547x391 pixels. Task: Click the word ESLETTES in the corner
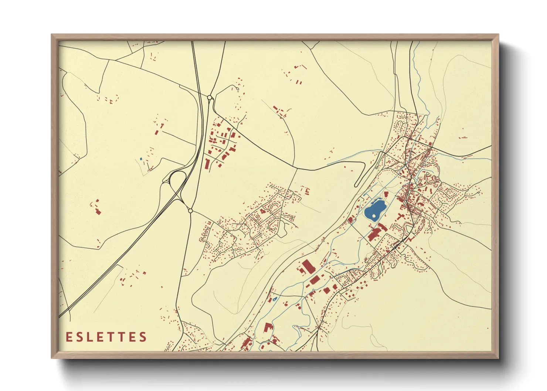coord(106,337)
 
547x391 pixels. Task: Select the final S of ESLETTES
coord(143,337)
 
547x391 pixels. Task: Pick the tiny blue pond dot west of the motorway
coord(141,159)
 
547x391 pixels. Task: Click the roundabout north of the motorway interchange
coord(210,98)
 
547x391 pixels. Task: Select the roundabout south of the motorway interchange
coord(190,211)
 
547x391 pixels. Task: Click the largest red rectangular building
coord(306,266)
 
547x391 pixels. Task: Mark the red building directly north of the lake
coord(385,194)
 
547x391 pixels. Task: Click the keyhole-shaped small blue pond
coord(275,299)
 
